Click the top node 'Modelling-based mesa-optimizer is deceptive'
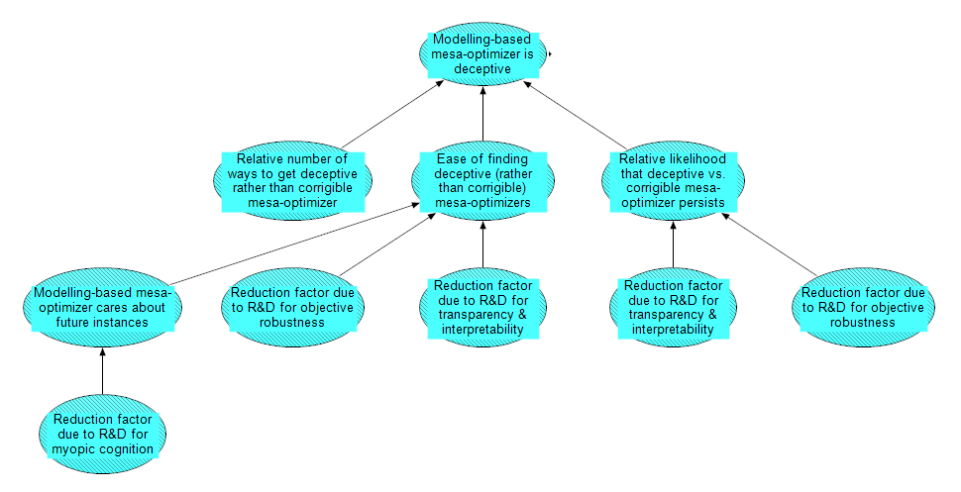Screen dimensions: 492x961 click(482, 54)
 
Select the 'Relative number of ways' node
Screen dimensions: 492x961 click(292, 180)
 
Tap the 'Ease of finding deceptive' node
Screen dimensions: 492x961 click(482, 180)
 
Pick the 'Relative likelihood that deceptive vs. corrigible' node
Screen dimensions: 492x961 click(673, 180)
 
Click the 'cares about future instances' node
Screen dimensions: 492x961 click(102, 307)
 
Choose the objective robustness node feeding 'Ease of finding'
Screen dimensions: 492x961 click(292, 307)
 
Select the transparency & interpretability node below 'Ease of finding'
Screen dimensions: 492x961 click(482, 307)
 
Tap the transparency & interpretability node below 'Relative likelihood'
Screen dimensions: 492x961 click(673, 307)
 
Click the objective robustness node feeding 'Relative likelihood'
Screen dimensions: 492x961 click(863, 307)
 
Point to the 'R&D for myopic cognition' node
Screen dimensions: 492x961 click(102, 434)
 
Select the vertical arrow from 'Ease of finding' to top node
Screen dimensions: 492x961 click(482, 114)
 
